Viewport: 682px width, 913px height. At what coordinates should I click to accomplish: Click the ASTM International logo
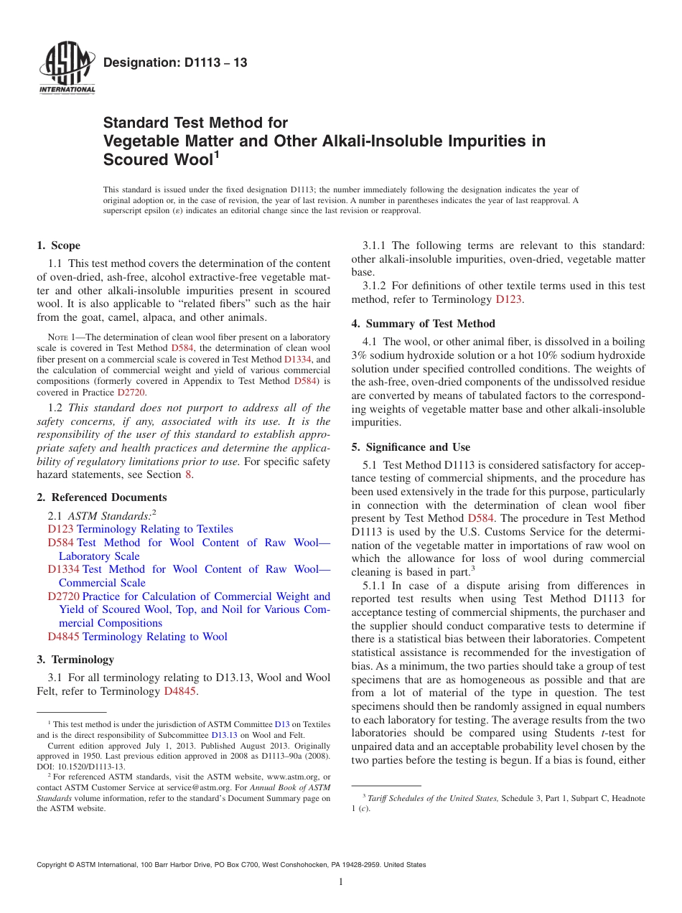(x=66, y=68)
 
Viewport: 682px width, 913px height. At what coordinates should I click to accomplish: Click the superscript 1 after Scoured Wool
(x=216, y=153)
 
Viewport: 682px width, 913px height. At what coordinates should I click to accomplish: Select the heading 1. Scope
(x=59, y=245)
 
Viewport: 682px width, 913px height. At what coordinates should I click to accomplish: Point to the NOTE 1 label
(x=56, y=337)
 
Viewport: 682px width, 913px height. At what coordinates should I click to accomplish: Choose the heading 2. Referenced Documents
(x=102, y=497)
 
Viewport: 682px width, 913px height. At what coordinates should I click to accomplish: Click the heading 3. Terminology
(x=75, y=659)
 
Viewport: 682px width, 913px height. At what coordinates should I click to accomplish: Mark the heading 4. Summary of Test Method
(x=423, y=323)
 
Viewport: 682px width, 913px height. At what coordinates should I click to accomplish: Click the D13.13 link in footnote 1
(x=223, y=735)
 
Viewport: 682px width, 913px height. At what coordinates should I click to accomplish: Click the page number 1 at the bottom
(x=341, y=882)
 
